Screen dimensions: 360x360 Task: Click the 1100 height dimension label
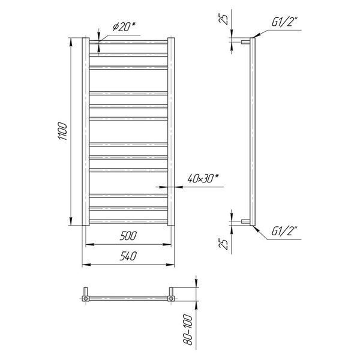[62, 131]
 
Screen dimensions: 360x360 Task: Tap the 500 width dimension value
[128, 236]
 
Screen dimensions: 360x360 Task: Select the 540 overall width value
[128, 256]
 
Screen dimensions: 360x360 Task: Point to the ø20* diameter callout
[124, 26]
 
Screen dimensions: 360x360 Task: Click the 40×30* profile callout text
[203, 178]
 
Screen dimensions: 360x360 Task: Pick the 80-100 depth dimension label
[188, 329]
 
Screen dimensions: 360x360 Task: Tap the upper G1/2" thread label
[284, 22]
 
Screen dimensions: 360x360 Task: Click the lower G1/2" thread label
[284, 231]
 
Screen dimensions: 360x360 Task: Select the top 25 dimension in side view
[223, 19]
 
